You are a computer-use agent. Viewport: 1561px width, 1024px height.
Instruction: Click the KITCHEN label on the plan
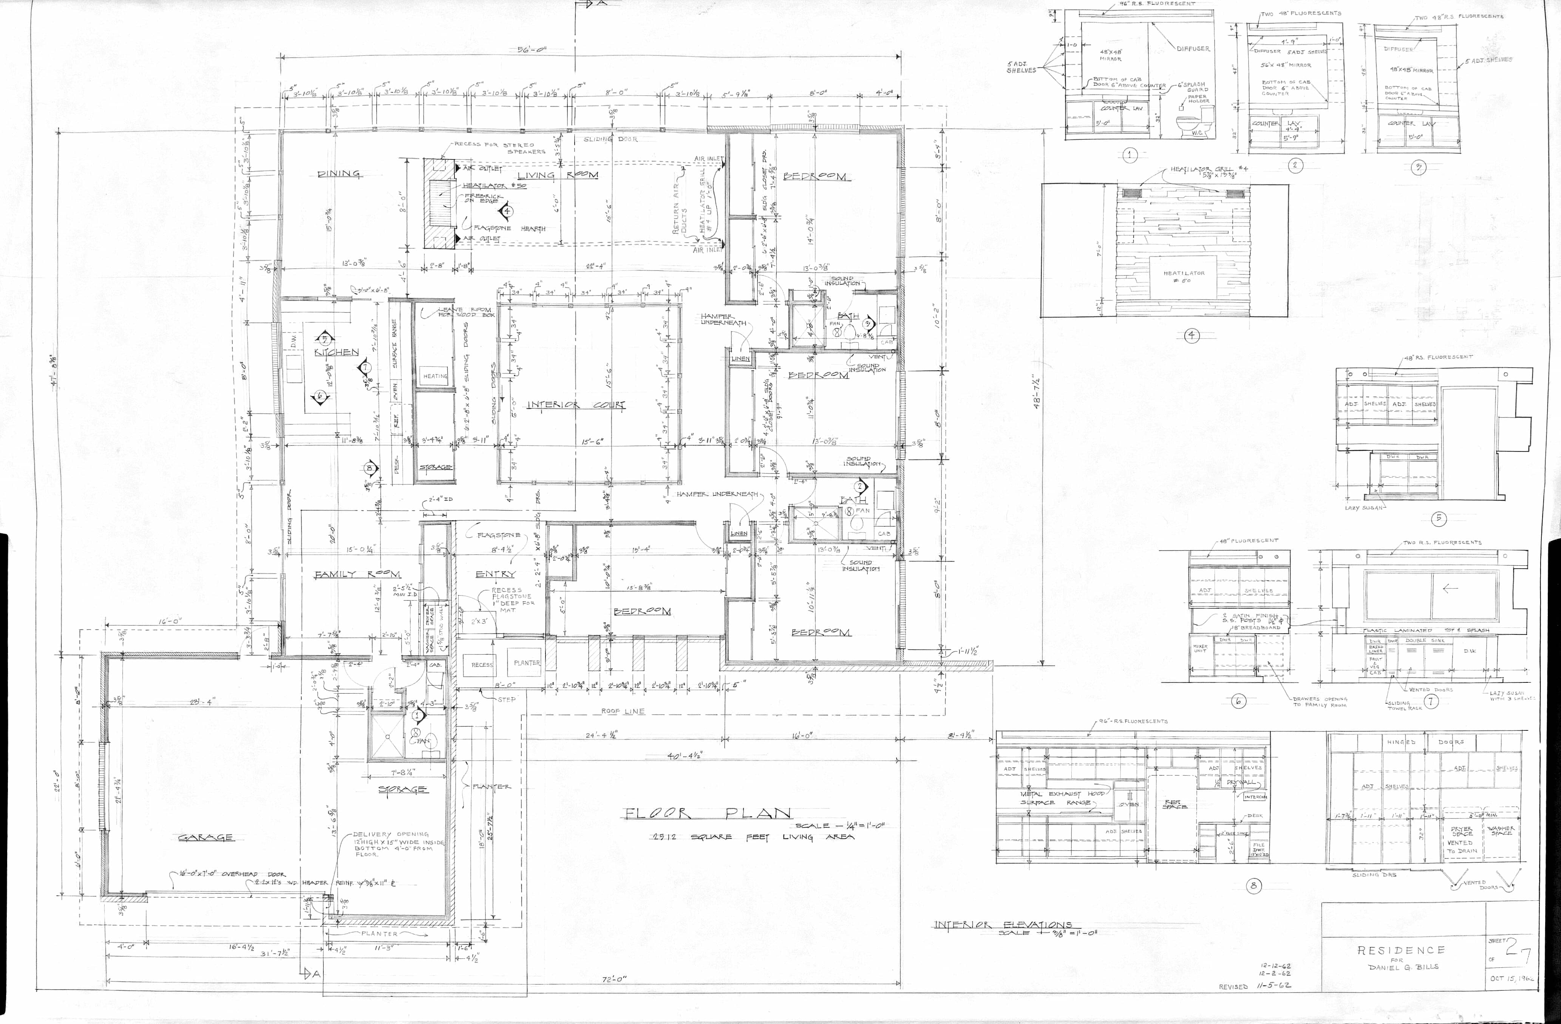pyautogui.click(x=337, y=352)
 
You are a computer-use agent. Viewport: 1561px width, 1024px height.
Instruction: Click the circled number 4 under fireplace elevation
pyautogui.click(x=1192, y=336)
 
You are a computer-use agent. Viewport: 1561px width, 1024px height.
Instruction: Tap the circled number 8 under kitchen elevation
pyautogui.click(x=1253, y=886)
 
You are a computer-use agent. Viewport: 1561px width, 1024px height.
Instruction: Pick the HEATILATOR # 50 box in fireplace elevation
pyautogui.click(x=1184, y=276)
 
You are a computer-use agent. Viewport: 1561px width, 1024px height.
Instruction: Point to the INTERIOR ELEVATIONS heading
pyautogui.click(x=1003, y=926)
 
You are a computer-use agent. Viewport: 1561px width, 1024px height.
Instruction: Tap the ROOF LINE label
pyautogui.click(x=623, y=711)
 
